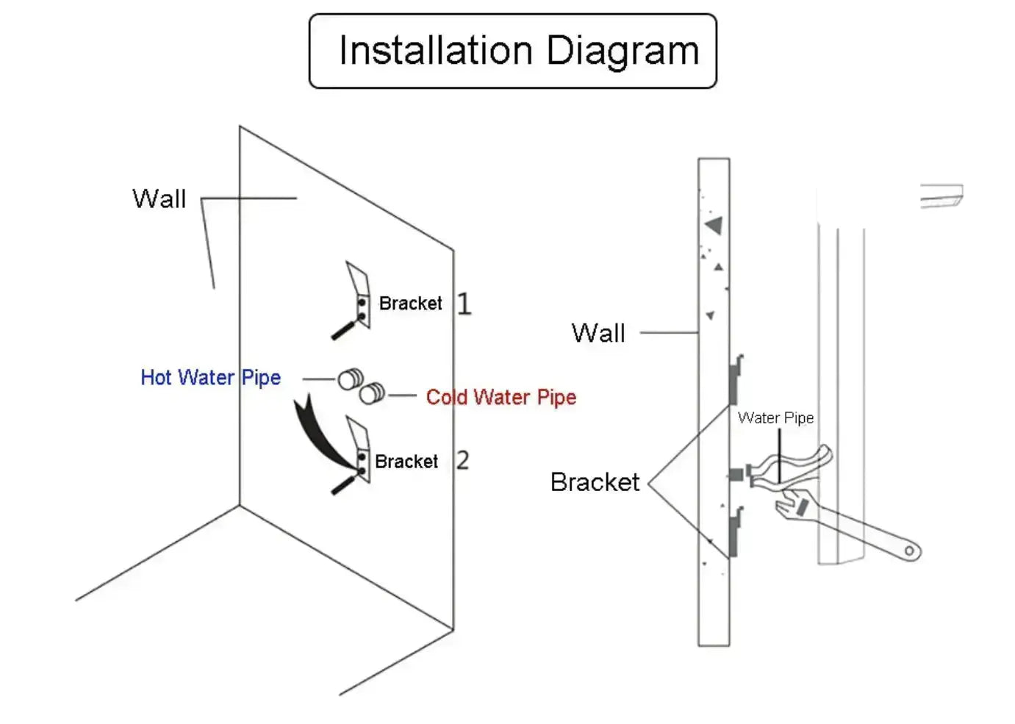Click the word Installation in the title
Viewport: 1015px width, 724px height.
435,51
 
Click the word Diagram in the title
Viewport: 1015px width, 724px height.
622,51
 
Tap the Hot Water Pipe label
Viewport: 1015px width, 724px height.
210,378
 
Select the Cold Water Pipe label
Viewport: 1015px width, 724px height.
501,398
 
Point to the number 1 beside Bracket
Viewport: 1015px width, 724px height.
464,304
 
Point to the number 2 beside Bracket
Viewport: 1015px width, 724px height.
462,460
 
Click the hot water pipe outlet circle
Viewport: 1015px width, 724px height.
350,379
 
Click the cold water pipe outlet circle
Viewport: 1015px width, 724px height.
371,393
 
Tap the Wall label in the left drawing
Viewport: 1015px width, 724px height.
159,199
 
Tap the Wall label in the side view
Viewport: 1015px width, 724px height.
598,333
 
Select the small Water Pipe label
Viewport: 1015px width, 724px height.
775,418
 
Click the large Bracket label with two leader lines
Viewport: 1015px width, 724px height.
595,482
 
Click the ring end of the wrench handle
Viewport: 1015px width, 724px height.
910,550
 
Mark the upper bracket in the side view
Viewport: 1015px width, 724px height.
736,379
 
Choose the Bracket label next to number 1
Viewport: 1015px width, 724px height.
410,304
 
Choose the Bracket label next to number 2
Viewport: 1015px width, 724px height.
406,462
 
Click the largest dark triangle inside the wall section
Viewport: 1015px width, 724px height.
714,225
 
